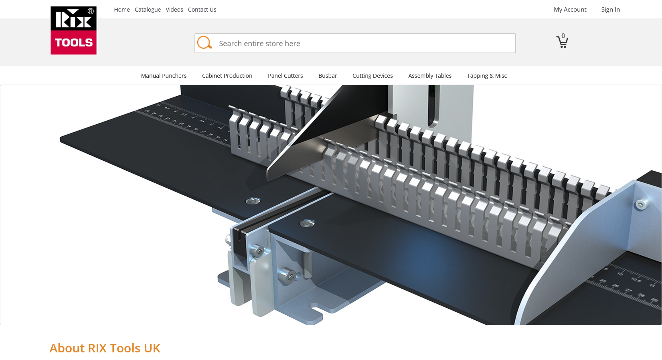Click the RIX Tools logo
click(73, 30)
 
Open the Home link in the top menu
click(122, 10)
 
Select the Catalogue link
click(148, 10)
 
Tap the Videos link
click(174, 10)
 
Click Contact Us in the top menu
click(202, 10)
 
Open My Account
click(570, 10)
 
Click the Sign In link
click(610, 10)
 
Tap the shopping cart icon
click(562, 42)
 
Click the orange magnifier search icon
click(204, 42)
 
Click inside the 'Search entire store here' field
click(361, 43)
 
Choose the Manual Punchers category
click(164, 76)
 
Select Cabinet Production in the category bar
click(227, 76)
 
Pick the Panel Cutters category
click(285, 76)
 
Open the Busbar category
click(328, 76)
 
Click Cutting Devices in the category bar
click(373, 76)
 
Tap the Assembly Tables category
click(430, 76)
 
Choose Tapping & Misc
click(487, 76)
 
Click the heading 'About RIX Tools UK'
click(105, 348)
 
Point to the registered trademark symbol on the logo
click(91, 11)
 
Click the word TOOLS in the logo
click(74, 42)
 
